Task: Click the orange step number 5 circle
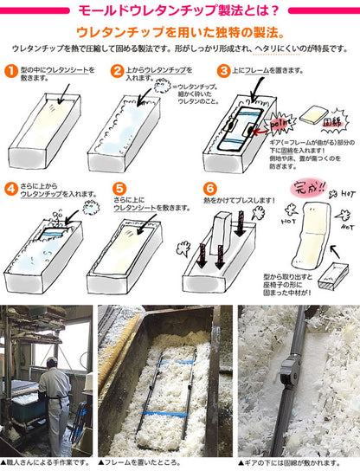tap(119, 188)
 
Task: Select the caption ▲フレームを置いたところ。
tap(143, 464)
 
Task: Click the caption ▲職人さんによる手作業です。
tap(45, 464)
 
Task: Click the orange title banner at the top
tap(180, 12)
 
